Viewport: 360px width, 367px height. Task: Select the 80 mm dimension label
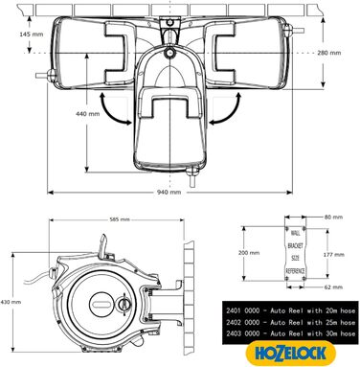[x=334, y=217]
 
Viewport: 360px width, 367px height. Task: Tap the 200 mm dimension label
[x=250, y=252]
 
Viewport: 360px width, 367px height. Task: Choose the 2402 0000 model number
[x=244, y=323]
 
